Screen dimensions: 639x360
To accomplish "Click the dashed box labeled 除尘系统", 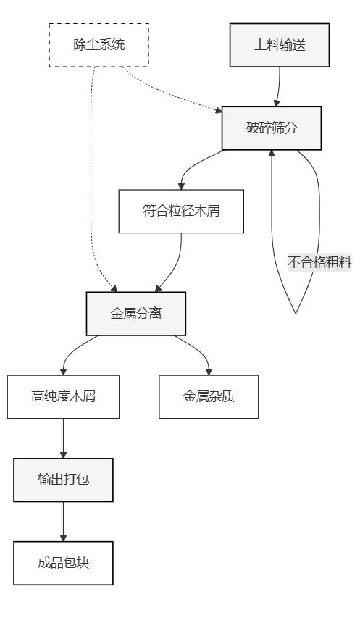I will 99,45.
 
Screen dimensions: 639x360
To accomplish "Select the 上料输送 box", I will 279,45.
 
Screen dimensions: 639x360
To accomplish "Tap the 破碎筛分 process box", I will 271,128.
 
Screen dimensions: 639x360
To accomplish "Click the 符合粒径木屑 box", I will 181,212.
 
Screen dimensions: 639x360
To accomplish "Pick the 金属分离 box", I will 136,314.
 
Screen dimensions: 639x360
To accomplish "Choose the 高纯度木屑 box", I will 63,396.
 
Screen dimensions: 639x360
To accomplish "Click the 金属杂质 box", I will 209,396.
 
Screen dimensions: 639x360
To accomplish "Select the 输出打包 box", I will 63,480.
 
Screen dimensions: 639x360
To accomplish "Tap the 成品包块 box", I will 63,563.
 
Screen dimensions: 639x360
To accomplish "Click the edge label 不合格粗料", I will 319,262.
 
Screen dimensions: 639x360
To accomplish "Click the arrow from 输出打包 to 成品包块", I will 63,522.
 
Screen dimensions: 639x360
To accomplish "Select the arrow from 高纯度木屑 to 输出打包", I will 63,438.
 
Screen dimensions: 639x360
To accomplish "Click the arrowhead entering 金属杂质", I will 209,372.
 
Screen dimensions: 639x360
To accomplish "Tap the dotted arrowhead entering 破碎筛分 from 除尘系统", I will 219,110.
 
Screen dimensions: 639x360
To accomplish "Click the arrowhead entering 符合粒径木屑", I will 181,186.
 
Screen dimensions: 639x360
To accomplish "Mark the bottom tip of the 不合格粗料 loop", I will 296,313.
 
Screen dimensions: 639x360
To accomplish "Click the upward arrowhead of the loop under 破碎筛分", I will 272,154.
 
